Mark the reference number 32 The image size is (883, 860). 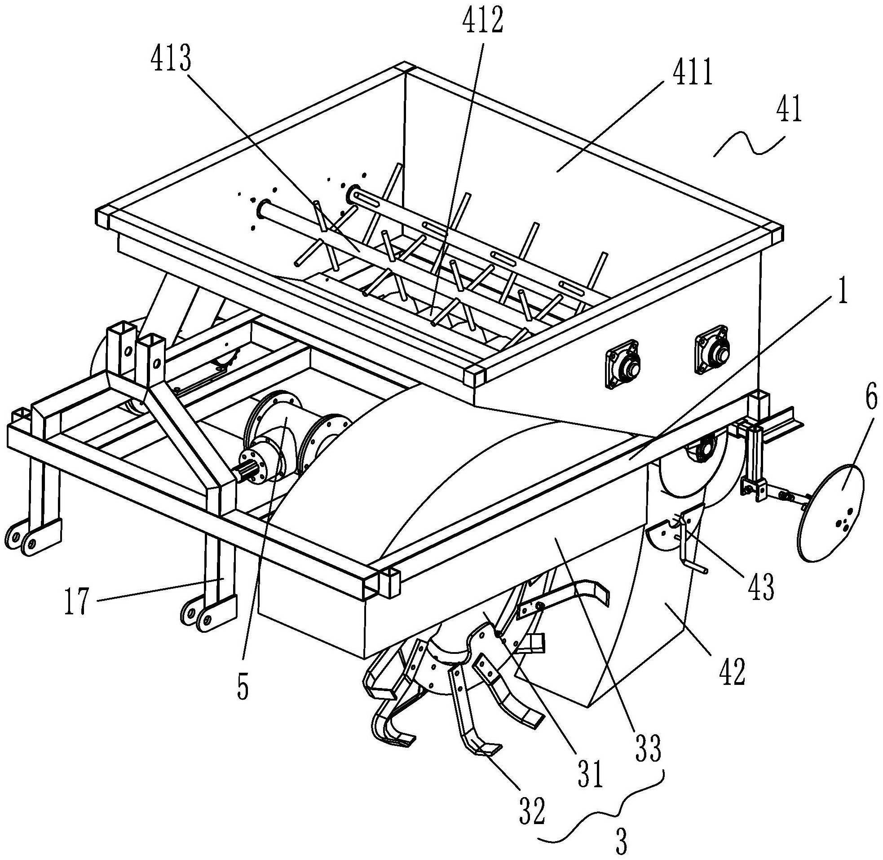tap(533, 809)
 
